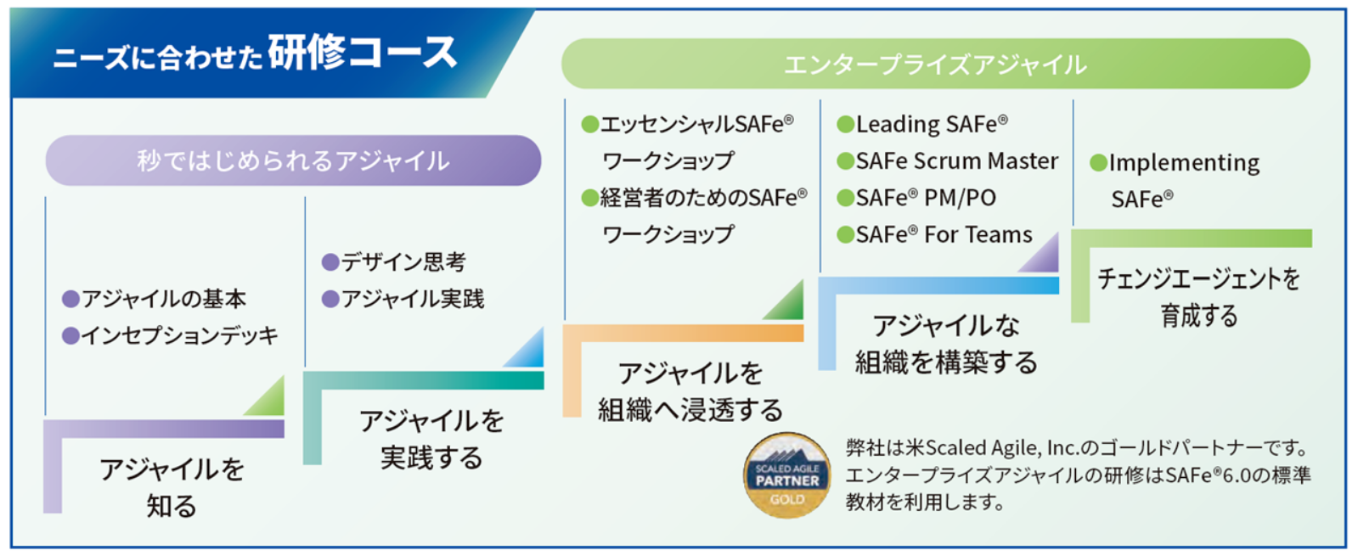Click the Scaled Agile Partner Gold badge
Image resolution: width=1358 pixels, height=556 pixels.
coord(787,475)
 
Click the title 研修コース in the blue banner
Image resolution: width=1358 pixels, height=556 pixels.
coord(363,53)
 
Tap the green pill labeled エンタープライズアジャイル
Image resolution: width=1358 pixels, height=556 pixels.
coord(935,65)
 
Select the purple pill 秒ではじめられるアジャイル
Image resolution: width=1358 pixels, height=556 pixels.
coord(293,160)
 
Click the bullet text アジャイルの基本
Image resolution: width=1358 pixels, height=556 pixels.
coord(164,299)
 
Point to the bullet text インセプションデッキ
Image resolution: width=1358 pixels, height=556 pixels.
coord(180,335)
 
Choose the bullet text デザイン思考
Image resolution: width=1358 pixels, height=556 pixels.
coord(403,261)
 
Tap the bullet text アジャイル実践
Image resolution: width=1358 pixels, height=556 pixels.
coord(413,299)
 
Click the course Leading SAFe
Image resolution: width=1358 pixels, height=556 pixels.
coord(932,124)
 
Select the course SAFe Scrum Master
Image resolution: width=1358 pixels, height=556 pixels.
coord(957,161)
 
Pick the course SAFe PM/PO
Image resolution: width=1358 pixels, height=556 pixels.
coord(926,198)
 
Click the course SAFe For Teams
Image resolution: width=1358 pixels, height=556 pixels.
coord(944,234)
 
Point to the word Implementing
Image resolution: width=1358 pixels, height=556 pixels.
coord(1184,164)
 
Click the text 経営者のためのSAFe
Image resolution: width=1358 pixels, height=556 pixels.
coord(703,198)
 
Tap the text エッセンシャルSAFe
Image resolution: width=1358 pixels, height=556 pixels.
coord(696,124)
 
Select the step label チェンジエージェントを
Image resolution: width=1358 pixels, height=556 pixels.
coord(1199,278)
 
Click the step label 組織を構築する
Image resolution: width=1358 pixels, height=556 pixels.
coord(946,362)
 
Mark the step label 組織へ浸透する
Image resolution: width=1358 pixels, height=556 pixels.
coord(690,410)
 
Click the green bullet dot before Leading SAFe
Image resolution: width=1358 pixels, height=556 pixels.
coord(846,125)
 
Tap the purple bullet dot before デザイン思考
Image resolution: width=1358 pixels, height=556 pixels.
coord(330,262)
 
